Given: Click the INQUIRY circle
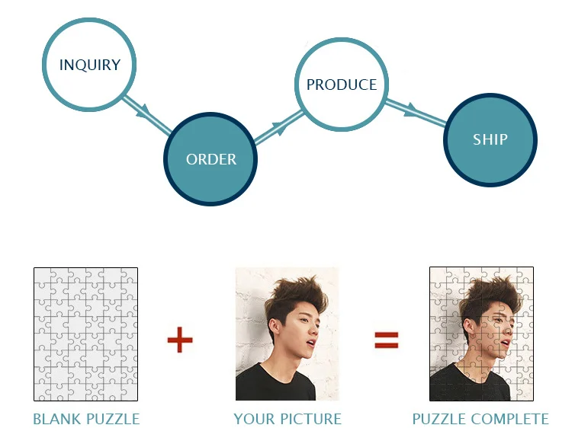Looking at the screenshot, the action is coord(90,65).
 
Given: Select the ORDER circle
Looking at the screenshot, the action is coord(210,158).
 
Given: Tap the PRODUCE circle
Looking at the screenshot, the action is coord(341,84).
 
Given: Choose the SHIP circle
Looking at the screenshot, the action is coord(490,139).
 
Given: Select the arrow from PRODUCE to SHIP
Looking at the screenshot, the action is coord(416,111).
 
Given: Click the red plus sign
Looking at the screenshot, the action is coord(180,340).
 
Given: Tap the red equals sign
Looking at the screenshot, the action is coord(387,340).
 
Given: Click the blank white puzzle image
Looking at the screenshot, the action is coord(85,334).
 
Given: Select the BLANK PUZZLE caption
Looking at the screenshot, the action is coord(86,419).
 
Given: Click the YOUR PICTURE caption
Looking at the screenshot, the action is coord(287,419).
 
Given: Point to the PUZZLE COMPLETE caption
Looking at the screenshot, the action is coord(480,419).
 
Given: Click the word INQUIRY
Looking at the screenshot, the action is coord(90,65).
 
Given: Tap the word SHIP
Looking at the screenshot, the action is coord(490,139).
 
